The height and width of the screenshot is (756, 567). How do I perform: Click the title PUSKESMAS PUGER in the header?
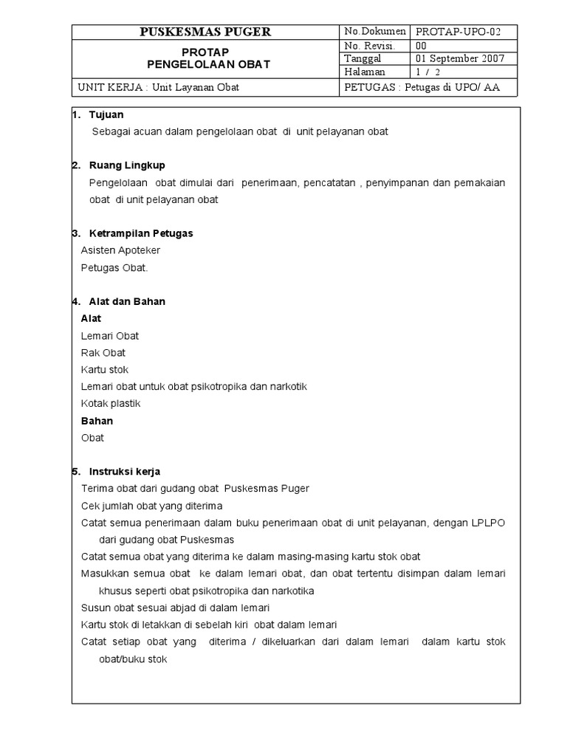[206, 32]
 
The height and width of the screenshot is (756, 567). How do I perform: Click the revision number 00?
[422, 46]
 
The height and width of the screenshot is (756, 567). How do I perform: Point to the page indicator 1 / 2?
[427, 72]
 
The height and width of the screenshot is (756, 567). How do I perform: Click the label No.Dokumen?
[375, 32]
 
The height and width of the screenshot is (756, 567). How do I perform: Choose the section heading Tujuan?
[106, 114]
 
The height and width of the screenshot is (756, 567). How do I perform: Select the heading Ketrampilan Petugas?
[140, 233]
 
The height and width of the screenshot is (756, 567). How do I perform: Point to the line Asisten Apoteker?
[120, 250]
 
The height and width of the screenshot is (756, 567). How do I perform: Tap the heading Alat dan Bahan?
[127, 301]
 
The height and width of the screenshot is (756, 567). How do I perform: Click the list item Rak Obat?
[103, 353]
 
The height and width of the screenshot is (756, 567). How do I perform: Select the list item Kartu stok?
[105, 370]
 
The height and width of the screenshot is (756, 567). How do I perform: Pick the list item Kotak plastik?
[111, 404]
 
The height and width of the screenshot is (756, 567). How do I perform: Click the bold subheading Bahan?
[97, 421]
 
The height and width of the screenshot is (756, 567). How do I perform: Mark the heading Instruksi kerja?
[124, 472]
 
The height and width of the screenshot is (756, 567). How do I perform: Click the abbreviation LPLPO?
[489, 523]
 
